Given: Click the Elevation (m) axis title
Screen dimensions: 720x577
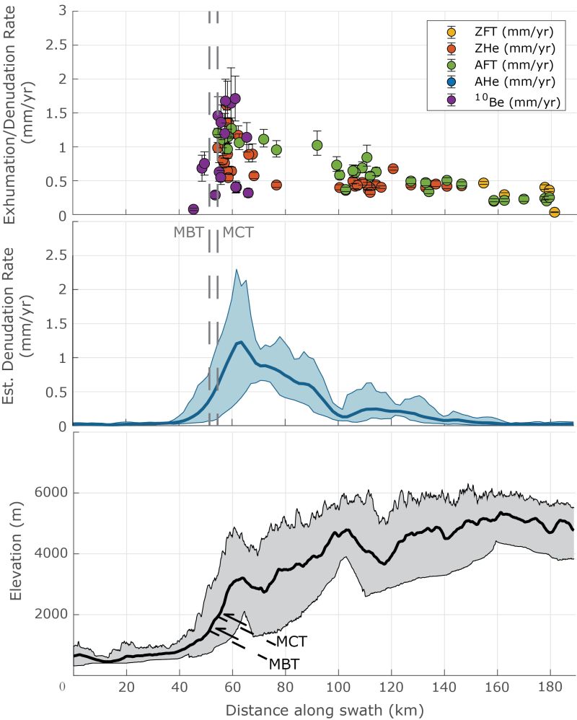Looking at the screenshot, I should pyautogui.click(x=17, y=553).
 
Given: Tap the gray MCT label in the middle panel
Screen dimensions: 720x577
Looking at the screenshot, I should pyautogui.click(x=238, y=232).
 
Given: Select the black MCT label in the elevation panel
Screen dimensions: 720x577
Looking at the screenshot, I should pyautogui.click(x=291, y=641).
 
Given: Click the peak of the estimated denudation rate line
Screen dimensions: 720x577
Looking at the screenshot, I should pyautogui.click(x=239, y=342).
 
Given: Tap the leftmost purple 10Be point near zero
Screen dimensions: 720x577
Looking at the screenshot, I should pyautogui.click(x=193, y=209).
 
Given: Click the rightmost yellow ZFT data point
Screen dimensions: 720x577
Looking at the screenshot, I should pyautogui.click(x=555, y=211).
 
